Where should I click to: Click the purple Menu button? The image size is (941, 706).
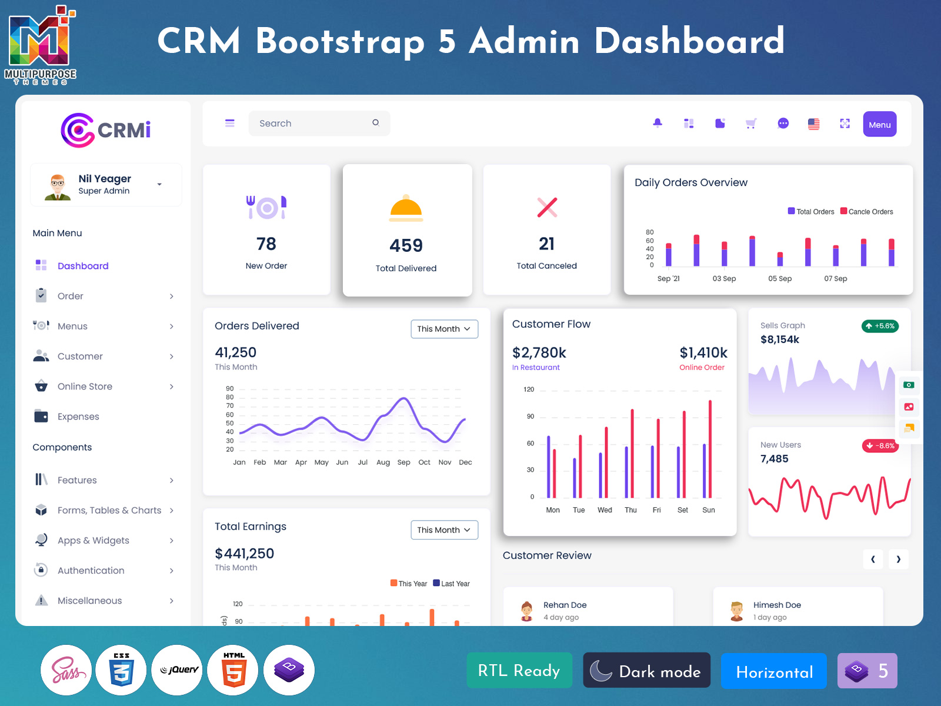click(x=879, y=124)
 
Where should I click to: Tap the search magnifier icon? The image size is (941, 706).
click(x=376, y=123)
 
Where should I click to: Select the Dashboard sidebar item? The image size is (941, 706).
click(x=83, y=266)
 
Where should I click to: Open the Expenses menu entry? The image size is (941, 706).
click(x=78, y=417)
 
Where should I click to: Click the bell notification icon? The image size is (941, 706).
click(x=658, y=123)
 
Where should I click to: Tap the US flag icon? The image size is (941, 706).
click(x=813, y=124)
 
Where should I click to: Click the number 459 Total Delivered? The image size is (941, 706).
click(x=406, y=245)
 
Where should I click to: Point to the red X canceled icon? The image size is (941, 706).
click(x=547, y=207)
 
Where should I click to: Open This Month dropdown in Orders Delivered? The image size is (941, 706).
click(x=444, y=329)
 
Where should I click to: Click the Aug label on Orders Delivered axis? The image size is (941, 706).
click(x=383, y=462)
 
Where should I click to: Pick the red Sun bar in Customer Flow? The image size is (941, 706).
click(x=710, y=448)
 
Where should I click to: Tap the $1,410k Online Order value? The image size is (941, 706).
click(x=703, y=353)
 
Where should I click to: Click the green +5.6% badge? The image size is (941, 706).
click(x=880, y=326)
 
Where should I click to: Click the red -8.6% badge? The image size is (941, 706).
click(x=880, y=445)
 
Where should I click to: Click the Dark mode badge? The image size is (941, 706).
click(x=646, y=671)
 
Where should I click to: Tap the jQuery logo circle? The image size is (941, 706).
click(x=177, y=670)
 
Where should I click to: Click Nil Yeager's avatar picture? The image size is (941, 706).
click(x=58, y=187)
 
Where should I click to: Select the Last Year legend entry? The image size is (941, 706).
click(x=451, y=584)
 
